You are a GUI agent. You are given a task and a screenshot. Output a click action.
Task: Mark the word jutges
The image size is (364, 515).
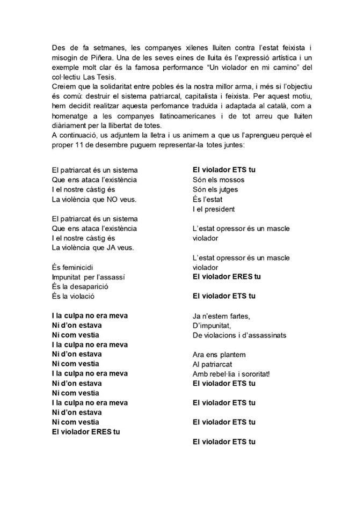[225, 189]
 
